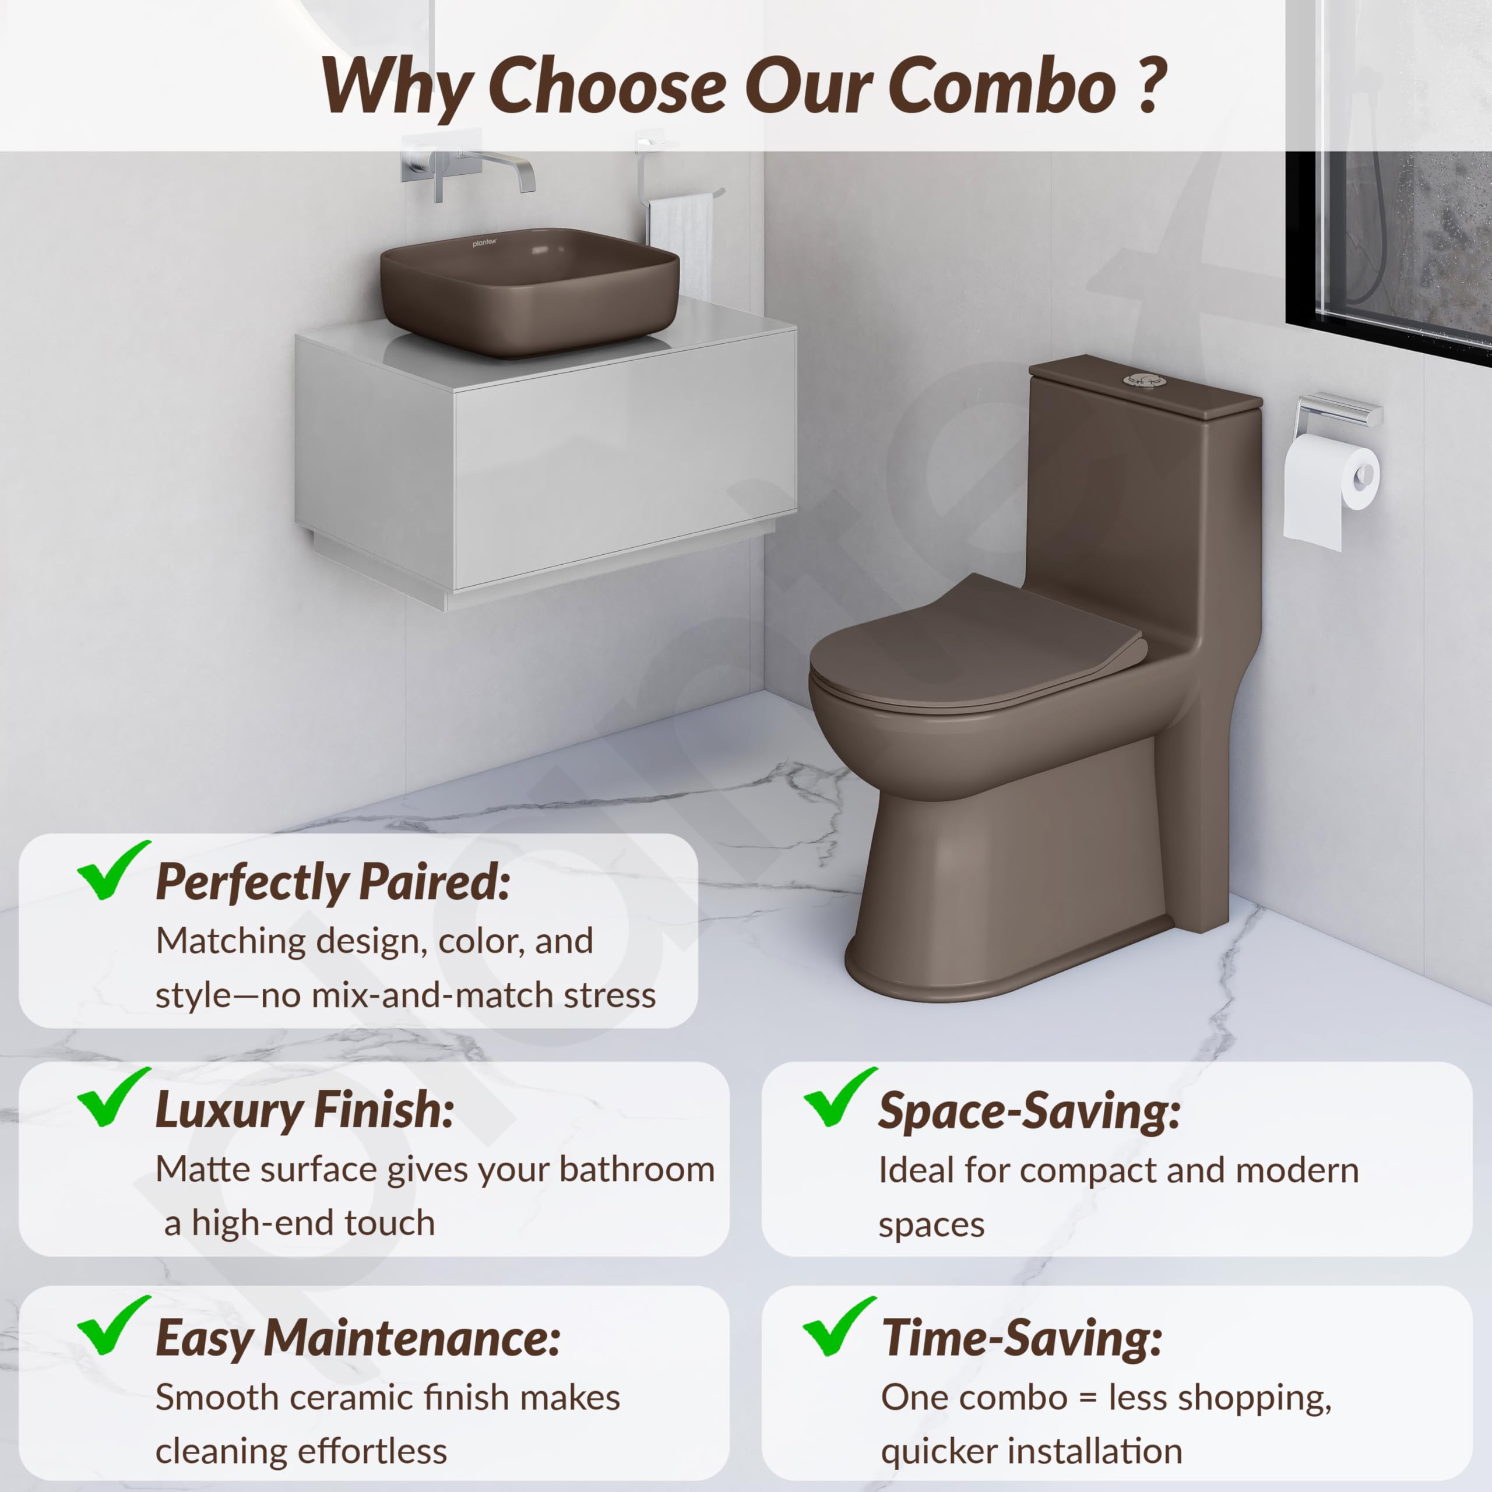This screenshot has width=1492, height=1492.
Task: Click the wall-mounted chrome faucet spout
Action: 502,168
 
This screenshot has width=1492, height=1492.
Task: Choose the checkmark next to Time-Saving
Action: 839,1326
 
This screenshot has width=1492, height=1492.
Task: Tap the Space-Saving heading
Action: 1029,1112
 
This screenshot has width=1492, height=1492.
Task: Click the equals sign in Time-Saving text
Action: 1088,1399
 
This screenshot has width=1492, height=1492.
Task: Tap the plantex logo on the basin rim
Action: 485,243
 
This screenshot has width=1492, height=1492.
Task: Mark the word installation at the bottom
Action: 1108,1452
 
